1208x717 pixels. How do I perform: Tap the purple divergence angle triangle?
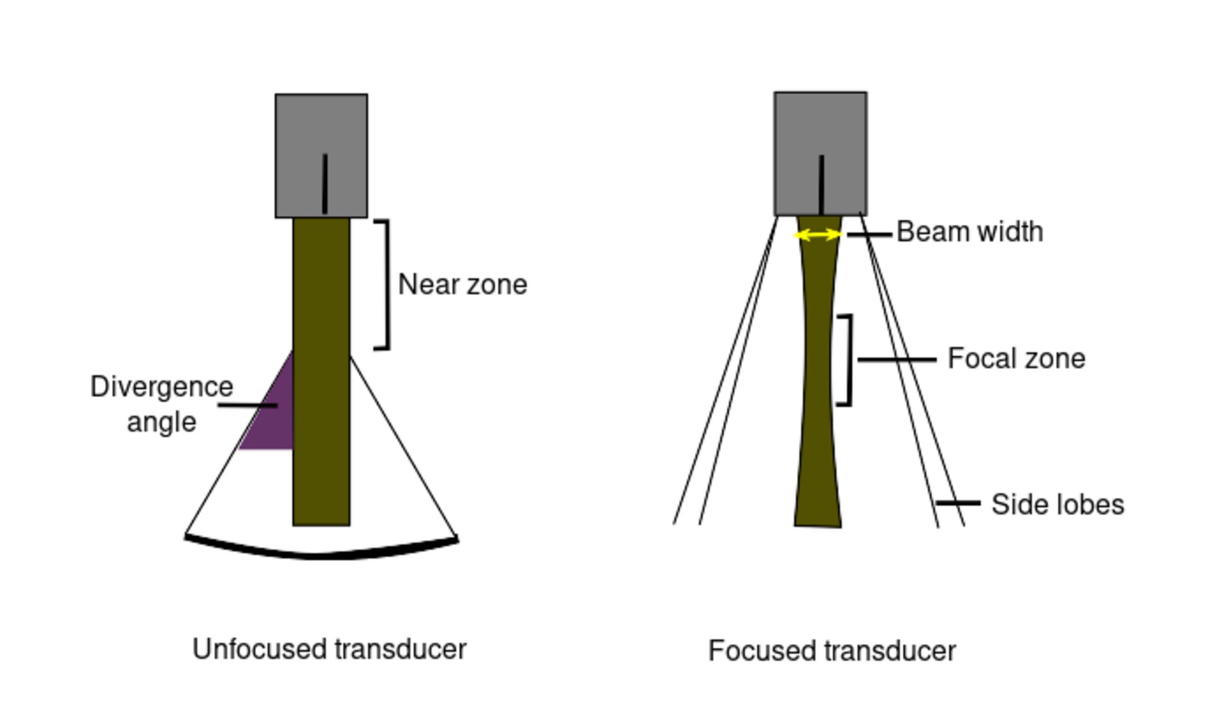pyautogui.click(x=275, y=421)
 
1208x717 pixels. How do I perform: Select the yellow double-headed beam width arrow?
pyautogui.click(x=818, y=235)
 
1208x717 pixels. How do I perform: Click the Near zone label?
pyautogui.click(x=462, y=285)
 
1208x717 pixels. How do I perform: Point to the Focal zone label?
pyautogui.click(x=1016, y=359)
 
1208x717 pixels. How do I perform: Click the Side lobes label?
pyautogui.click(x=1057, y=505)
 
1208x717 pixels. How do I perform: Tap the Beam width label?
pyautogui.click(x=969, y=232)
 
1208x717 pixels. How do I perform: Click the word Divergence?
pyautogui.click(x=162, y=387)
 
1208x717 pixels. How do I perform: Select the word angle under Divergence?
pyautogui.click(x=162, y=423)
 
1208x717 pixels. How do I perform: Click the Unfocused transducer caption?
pyautogui.click(x=329, y=649)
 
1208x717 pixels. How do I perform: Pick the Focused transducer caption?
pyautogui.click(x=832, y=651)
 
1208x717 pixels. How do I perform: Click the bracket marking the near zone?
pyautogui.click(x=388, y=285)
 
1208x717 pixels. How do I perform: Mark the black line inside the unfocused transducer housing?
pyautogui.click(x=325, y=184)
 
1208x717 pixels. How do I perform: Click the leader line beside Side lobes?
pyautogui.click(x=958, y=503)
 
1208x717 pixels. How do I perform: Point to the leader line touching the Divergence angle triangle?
pyautogui.click(x=247, y=405)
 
